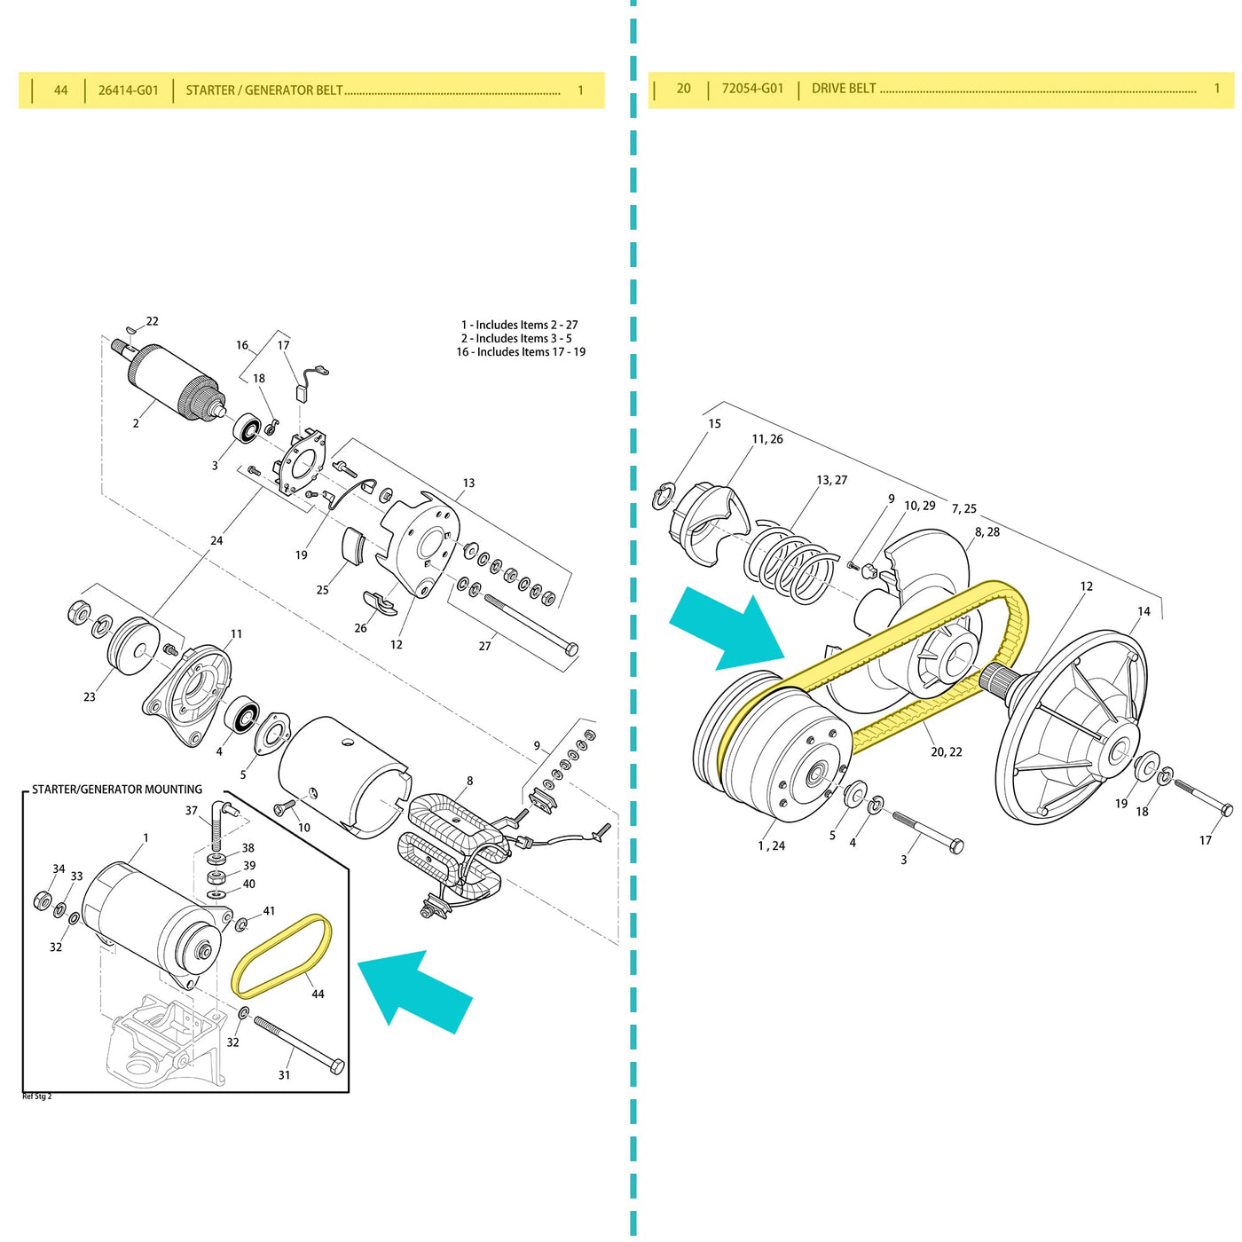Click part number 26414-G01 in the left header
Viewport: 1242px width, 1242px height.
point(129,90)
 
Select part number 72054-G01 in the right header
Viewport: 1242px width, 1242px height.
point(752,89)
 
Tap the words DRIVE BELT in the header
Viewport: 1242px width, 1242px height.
point(844,89)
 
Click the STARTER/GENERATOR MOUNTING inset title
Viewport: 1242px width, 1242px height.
point(117,790)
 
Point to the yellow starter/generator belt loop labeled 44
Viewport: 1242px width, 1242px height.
point(280,957)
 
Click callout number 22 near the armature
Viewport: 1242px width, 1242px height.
point(152,321)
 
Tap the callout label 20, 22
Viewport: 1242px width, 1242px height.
point(946,752)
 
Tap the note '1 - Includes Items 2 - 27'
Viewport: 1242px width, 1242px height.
point(519,325)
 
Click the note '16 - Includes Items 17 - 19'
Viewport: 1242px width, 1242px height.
point(521,352)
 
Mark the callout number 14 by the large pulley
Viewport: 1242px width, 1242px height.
point(1144,611)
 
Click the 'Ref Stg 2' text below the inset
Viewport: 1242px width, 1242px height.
point(37,1097)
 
